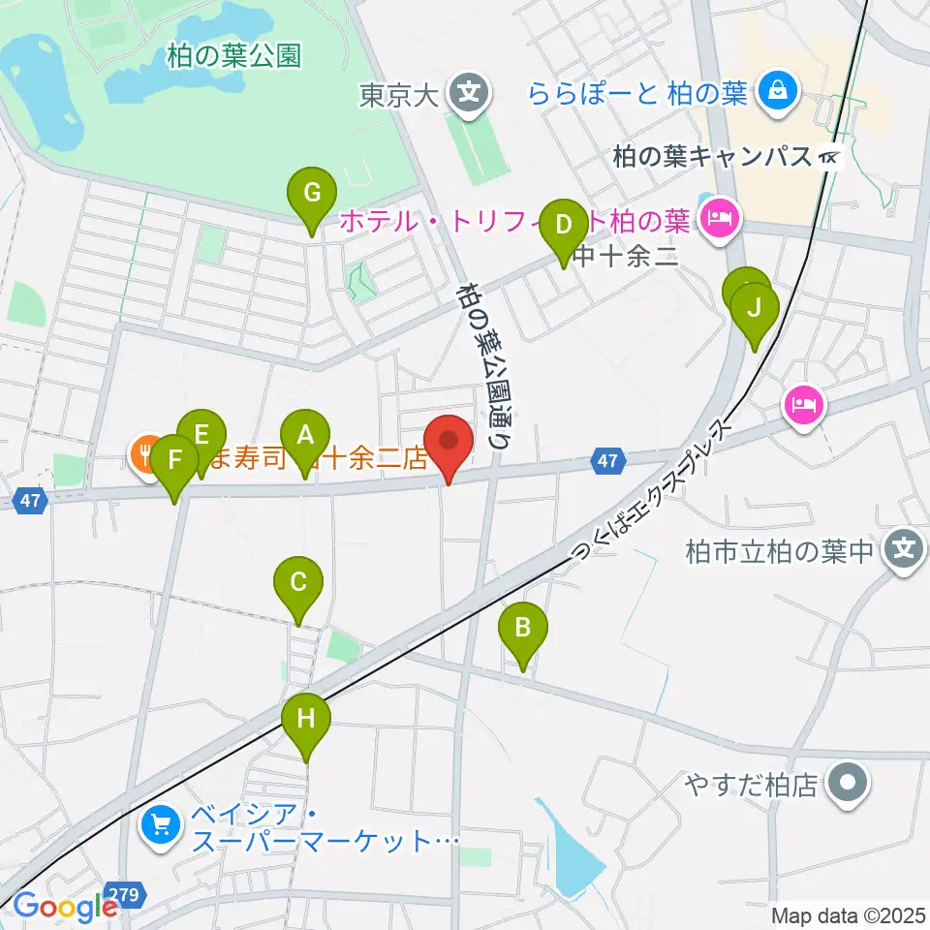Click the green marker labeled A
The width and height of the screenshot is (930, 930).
click(x=305, y=435)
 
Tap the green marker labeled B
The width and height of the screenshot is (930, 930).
click(x=522, y=629)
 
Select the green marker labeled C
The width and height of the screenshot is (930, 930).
click(x=297, y=582)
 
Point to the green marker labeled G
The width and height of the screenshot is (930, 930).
click(x=312, y=192)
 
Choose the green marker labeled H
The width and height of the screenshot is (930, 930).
click(x=306, y=719)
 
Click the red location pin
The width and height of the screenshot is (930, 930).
click(x=449, y=442)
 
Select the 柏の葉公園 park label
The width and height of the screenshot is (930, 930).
click(x=233, y=56)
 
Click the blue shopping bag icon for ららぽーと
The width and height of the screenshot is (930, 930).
click(x=777, y=93)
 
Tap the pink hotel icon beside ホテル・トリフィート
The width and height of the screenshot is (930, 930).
click(x=719, y=220)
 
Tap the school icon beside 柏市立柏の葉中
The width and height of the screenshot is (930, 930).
click(x=903, y=553)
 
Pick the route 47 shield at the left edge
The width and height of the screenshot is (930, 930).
click(x=30, y=500)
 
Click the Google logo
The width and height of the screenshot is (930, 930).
click(x=65, y=907)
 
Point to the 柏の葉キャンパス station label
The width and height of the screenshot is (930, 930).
click(x=714, y=156)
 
